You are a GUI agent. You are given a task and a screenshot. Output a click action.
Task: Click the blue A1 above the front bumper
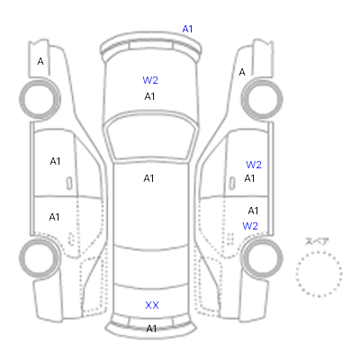click(x=187, y=29)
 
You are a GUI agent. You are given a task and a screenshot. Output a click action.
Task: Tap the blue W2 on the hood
click(x=150, y=80)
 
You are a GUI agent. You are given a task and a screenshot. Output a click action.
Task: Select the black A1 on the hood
click(x=149, y=96)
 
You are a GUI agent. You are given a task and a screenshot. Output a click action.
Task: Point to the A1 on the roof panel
click(x=148, y=178)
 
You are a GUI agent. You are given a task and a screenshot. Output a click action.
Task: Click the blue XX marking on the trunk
click(x=152, y=305)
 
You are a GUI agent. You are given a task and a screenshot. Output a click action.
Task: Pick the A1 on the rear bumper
click(x=151, y=328)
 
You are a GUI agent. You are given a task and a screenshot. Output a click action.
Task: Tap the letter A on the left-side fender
click(x=40, y=61)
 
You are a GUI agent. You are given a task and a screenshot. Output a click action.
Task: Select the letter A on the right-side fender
click(x=242, y=72)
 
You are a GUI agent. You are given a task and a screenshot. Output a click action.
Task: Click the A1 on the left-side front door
click(x=55, y=161)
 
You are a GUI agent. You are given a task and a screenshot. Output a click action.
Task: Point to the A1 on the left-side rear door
click(x=54, y=217)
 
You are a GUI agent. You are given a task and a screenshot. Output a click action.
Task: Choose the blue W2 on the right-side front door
click(x=254, y=165)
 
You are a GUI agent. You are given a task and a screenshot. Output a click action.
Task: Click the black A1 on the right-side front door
click(x=249, y=178)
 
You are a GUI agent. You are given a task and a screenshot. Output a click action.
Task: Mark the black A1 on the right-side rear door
click(x=253, y=211)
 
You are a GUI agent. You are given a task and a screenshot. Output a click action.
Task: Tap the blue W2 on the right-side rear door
click(x=250, y=226)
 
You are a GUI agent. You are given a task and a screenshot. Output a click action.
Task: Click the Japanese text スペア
click(x=317, y=242)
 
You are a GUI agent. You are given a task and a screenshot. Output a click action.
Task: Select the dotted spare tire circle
click(x=319, y=252)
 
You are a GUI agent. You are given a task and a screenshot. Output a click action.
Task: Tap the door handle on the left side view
click(x=69, y=184)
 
